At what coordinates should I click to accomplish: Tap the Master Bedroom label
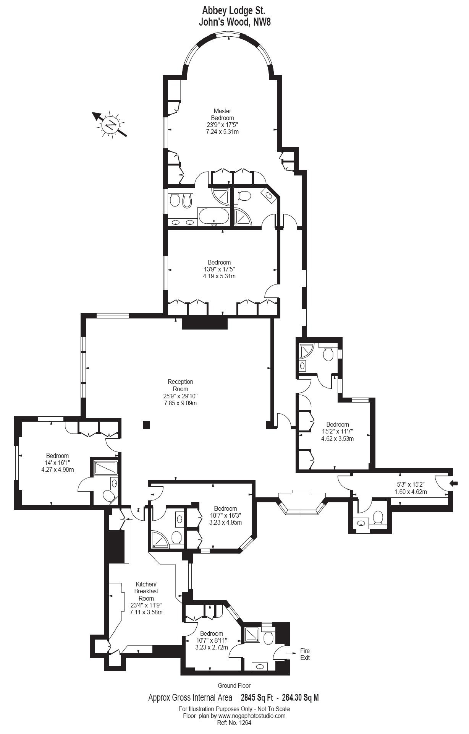[x=222, y=115]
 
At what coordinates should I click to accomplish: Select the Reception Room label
[x=180, y=385]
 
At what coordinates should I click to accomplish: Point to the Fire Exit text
[x=305, y=654]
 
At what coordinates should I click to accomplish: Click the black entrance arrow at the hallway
[x=454, y=484]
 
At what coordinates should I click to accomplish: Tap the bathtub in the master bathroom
[x=213, y=217]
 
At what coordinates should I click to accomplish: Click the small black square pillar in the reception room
[x=146, y=425]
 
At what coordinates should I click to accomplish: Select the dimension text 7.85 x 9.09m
[x=180, y=403]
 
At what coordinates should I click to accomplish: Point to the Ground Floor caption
[x=234, y=685]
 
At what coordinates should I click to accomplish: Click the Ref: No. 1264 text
[x=234, y=723]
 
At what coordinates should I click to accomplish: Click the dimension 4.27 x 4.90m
[x=58, y=469]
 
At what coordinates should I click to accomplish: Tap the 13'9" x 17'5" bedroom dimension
[x=219, y=269]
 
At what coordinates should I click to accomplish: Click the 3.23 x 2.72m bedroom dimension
[x=212, y=647]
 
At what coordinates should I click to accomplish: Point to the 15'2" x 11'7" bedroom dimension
[x=338, y=432]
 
